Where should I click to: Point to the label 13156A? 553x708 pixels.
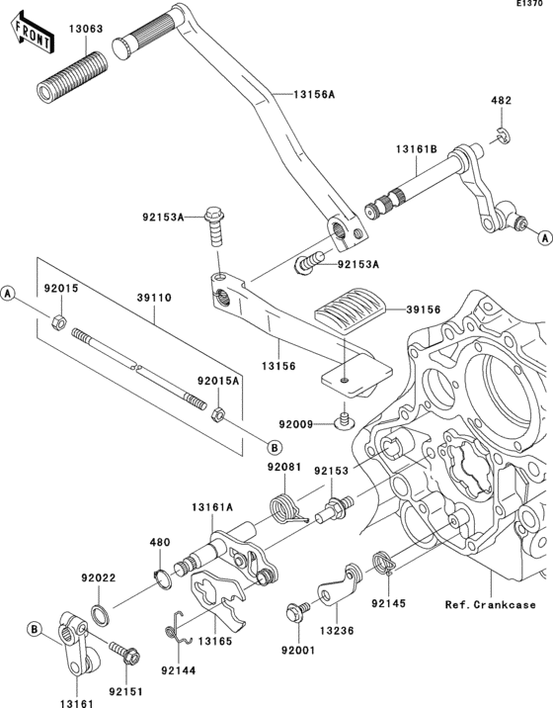pos(313,94)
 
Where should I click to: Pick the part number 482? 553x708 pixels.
pos(502,102)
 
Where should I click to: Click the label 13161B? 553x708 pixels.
pos(417,149)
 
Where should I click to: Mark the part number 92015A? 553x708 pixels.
pos(218,380)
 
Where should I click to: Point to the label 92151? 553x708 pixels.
pos(127,692)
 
